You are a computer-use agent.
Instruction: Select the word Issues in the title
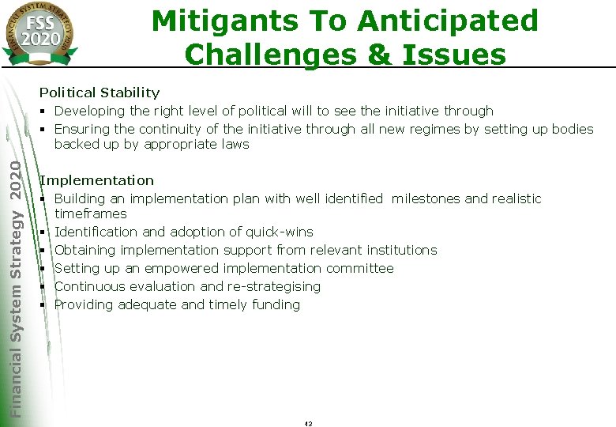tap(456, 55)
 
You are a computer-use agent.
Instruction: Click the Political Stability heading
tap(100, 93)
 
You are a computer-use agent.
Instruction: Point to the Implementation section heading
tap(97, 181)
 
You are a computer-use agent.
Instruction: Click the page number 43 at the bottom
tap(308, 424)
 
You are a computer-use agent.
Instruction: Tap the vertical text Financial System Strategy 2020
tap(17, 285)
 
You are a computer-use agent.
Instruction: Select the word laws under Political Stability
tap(235, 145)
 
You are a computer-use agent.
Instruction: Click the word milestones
tap(426, 198)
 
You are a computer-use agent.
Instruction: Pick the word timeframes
tap(90, 214)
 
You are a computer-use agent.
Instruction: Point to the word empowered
tap(163, 269)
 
